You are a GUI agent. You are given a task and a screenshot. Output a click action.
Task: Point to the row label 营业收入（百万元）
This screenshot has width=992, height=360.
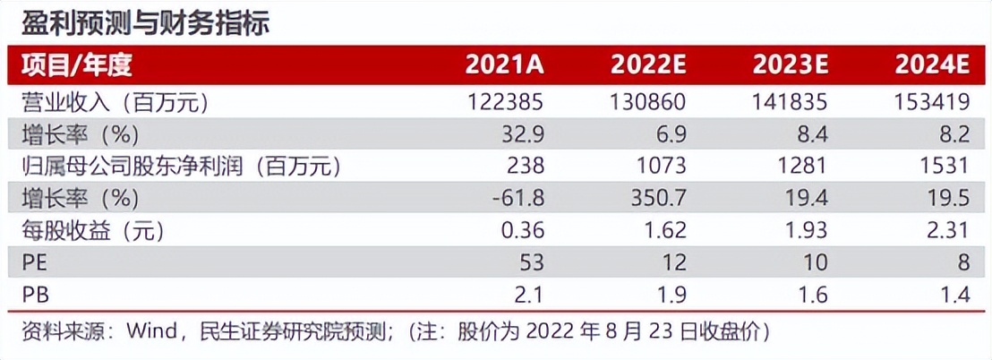click(x=115, y=102)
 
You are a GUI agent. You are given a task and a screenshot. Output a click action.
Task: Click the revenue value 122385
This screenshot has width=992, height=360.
click(x=505, y=102)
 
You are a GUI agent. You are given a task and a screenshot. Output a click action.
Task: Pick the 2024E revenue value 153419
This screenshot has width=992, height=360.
click(x=932, y=102)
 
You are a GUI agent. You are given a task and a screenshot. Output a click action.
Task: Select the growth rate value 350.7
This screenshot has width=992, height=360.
click(x=658, y=198)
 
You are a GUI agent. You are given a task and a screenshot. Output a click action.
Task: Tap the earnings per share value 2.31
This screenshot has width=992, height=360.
click(x=948, y=230)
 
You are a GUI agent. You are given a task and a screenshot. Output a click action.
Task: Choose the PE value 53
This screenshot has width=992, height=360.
click(x=530, y=262)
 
